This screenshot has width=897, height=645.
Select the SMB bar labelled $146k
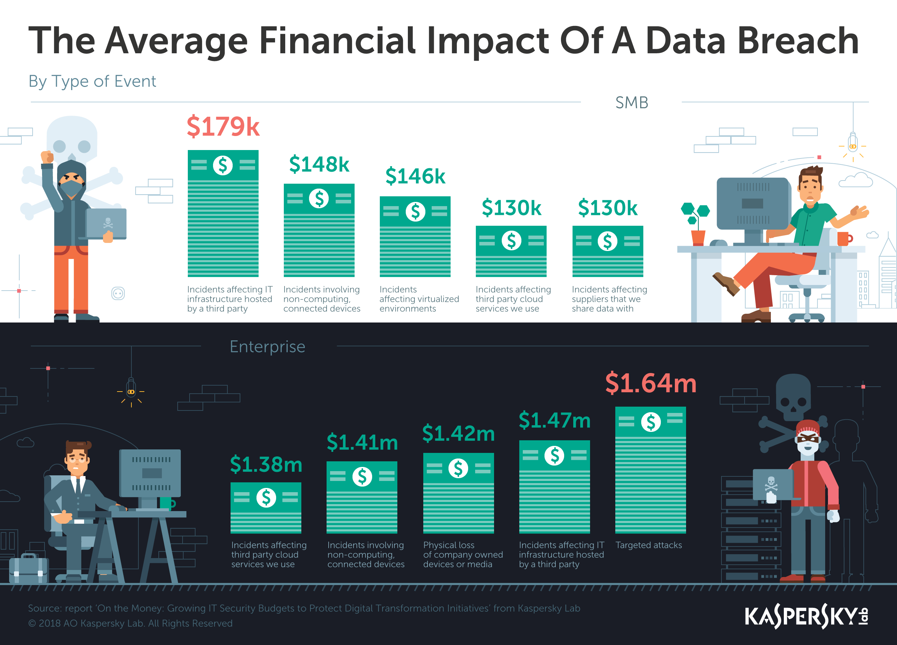pos(415,236)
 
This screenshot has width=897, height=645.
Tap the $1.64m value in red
pos(650,383)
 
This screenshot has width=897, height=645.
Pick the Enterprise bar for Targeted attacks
pos(650,470)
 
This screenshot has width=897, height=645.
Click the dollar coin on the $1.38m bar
pos(266,497)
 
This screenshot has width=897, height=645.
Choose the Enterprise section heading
pos(267,347)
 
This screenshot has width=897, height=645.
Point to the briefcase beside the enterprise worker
pos(28,569)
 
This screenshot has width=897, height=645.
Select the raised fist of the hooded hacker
pos(47,157)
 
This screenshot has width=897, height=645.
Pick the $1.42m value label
pos(458,433)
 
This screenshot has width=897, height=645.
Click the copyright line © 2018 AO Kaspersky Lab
pos(130,623)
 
